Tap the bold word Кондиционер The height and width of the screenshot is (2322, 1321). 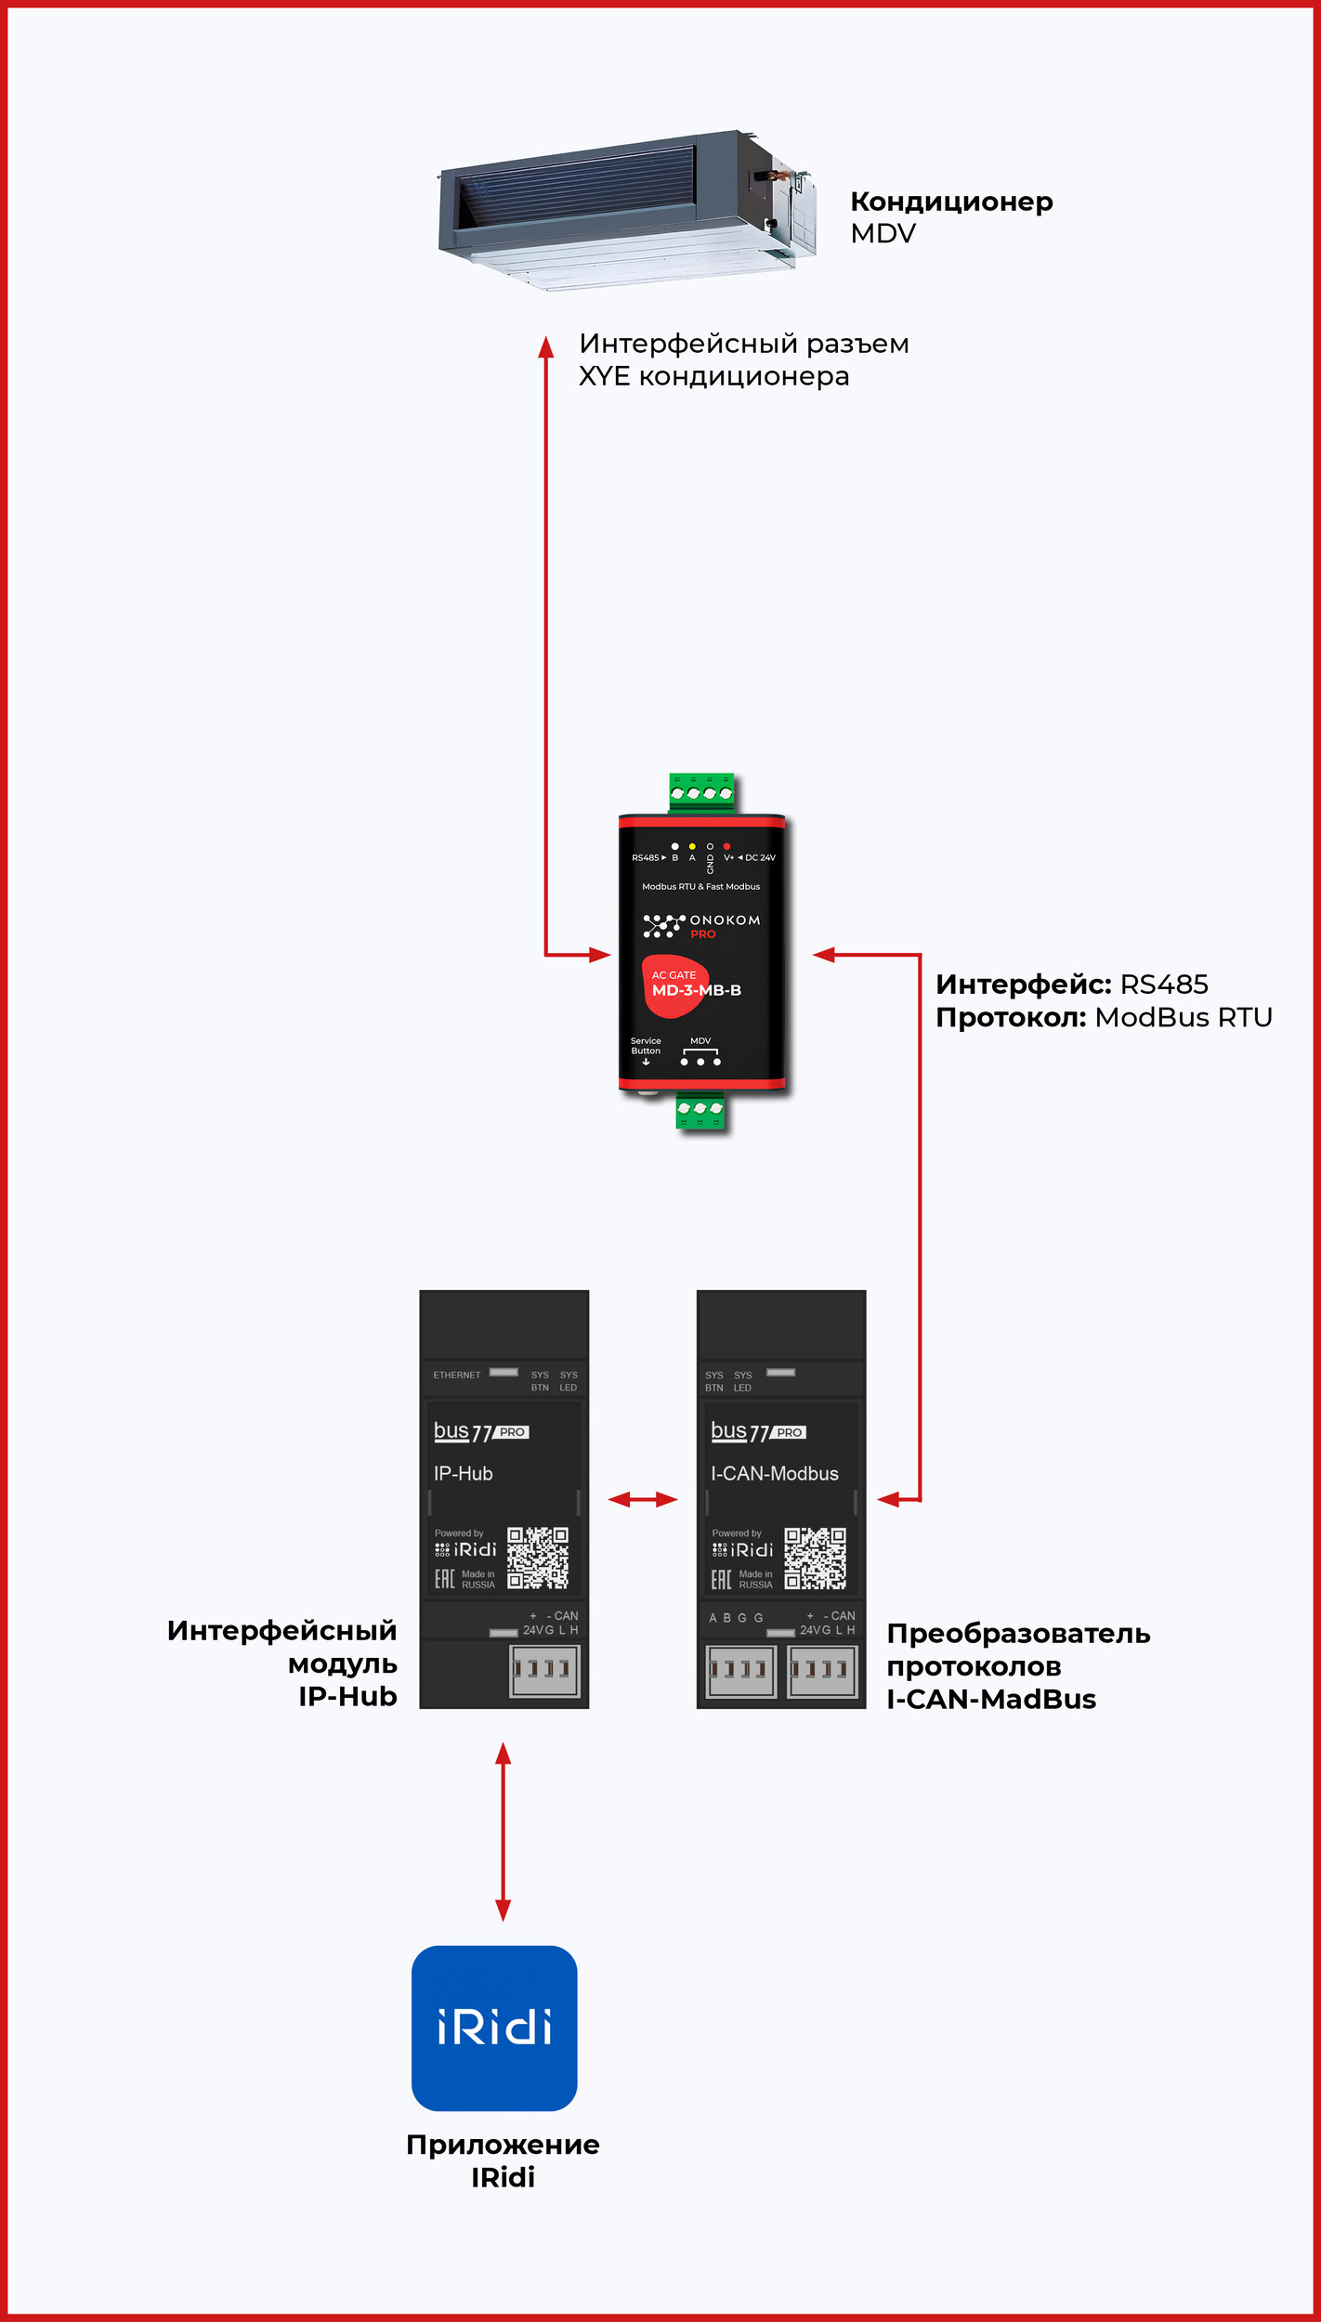[x=951, y=202]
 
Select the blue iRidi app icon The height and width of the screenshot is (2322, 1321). [x=494, y=2028]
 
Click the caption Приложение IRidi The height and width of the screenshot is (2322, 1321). [x=503, y=2160]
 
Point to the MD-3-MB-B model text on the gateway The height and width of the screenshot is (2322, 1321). [x=696, y=990]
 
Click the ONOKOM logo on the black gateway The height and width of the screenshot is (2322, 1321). [x=702, y=925]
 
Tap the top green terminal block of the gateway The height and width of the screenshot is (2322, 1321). [x=701, y=792]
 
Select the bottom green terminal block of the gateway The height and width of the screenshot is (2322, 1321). [x=700, y=1111]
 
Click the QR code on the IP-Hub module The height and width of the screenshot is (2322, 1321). [x=538, y=1558]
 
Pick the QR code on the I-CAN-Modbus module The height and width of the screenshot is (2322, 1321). [x=815, y=1558]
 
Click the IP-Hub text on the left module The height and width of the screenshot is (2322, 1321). [x=463, y=1473]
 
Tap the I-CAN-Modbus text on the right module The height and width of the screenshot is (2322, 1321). [x=775, y=1473]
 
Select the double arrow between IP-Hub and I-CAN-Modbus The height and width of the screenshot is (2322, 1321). [x=643, y=1499]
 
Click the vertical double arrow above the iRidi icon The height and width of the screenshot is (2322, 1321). [x=504, y=1831]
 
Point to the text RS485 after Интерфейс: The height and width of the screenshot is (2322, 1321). [x=1164, y=985]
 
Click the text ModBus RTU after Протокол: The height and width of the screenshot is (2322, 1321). [x=1184, y=1017]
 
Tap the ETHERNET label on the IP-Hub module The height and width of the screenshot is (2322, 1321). [x=457, y=1375]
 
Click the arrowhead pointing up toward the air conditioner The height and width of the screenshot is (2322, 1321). [x=546, y=346]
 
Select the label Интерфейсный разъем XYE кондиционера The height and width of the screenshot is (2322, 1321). [x=743, y=359]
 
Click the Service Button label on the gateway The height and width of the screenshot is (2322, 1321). [x=646, y=1046]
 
